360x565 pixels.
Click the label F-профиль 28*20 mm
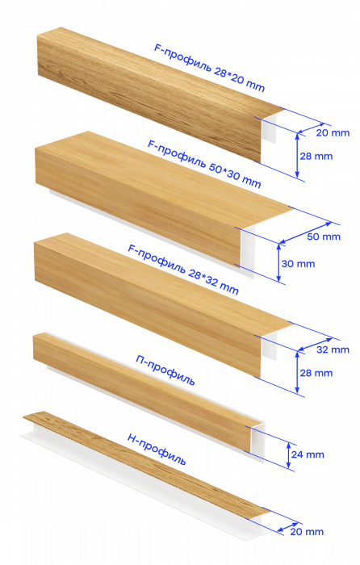[209, 68]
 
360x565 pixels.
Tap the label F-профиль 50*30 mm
[204, 164]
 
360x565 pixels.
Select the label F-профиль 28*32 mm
[183, 269]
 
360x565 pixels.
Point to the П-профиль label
[165, 370]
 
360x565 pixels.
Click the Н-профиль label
[157, 450]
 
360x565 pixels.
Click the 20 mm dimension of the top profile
[333, 133]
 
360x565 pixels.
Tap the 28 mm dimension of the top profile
[316, 157]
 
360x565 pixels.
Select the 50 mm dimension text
[324, 236]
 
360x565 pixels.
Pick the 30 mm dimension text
[298, 264]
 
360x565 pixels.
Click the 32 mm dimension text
[333, 349]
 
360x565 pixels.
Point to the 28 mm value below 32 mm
[316, 373]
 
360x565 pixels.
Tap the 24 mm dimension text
[308, 454]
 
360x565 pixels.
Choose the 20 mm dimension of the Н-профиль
[307, 531]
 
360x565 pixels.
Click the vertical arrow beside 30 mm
[278, 262]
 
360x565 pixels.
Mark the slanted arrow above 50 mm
[306, 232]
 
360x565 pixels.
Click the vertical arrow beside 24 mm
[289, 455]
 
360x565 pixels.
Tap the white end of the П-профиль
[256, 442]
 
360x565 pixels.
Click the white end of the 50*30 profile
[248, 250]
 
